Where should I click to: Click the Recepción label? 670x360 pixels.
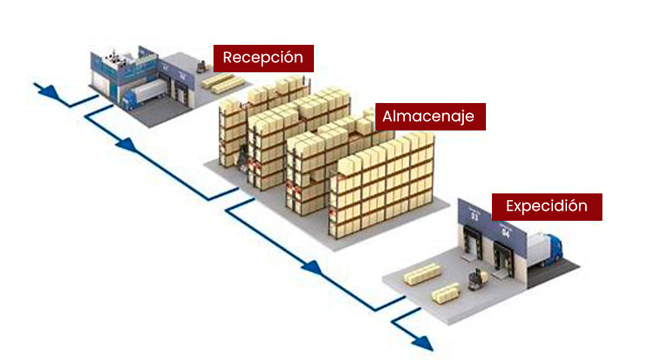[x=263, y=58]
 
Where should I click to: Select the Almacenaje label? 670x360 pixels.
[x=428, y=116]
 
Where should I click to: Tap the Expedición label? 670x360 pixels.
[x=546, y=206]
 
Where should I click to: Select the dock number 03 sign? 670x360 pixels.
[x=474, y=215]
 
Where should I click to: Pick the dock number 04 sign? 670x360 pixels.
[x=505, y=233]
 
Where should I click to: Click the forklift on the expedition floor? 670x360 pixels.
[x=478, y=279]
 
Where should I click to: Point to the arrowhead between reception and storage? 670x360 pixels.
[x=127, y=144]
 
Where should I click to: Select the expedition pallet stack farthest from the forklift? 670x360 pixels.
[x=422, y=274]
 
